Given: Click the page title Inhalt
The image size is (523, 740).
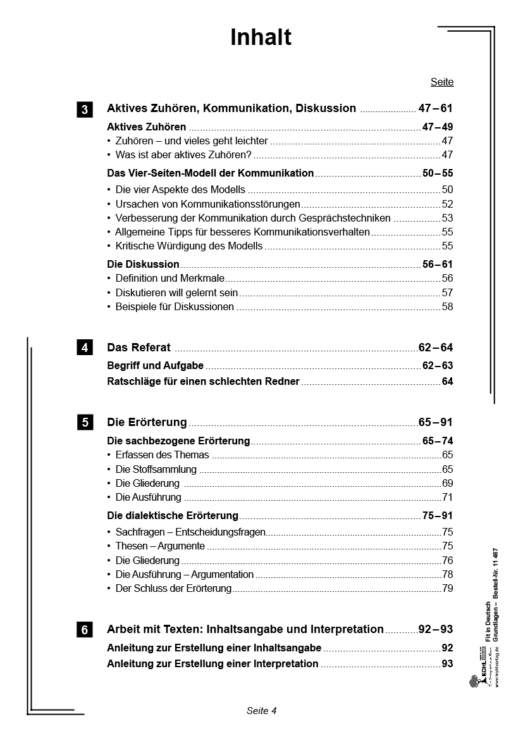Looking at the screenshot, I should [261, 38].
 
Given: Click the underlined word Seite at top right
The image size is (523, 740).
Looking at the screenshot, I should [442, 82].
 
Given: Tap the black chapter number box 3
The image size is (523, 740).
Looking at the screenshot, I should [85, 109].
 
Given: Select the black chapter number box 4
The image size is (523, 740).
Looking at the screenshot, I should [85, 348].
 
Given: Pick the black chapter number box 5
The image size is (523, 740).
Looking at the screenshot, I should [85, 422].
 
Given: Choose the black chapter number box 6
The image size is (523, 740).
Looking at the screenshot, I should [85, 630].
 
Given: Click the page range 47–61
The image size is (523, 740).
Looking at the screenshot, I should [436, 108].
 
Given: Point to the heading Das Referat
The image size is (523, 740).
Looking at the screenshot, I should [139, 348].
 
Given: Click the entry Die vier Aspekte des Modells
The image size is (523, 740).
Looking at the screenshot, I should [180, 189].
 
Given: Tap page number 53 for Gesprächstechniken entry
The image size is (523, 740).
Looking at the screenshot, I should [447, 218].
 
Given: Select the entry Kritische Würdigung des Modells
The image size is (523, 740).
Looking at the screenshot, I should [188, 246].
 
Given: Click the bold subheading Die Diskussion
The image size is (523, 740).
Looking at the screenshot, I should [144, 264].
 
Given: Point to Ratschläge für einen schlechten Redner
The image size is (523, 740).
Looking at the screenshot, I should [203, 382].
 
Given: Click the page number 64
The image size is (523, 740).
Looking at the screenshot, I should [447, 382].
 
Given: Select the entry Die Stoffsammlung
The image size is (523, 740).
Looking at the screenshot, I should [156, 470].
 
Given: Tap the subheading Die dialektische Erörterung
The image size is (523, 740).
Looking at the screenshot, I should [173, 516].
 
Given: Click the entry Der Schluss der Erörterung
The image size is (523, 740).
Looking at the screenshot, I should [173, 589].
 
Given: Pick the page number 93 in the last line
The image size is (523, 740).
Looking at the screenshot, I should [447, 664].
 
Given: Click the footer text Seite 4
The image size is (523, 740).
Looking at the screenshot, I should [262, 711].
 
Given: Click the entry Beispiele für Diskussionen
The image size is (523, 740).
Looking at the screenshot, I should [175, 307].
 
